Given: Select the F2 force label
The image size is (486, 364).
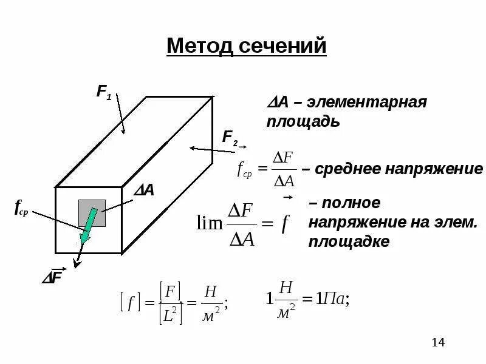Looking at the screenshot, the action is pyautogui.click(x=230, y=137).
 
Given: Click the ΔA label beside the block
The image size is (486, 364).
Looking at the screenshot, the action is pyautogui.click(x=144, y=190).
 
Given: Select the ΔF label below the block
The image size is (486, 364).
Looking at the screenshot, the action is pyautogui.click(x=52, y=277).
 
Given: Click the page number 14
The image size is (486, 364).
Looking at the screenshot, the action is pyautogui.click(x=438, y=343).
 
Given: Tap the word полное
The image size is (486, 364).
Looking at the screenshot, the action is pyautogui.click(x=344, y=202).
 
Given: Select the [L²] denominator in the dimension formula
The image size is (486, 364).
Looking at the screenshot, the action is pyautogui.click(x=171, y=314).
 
